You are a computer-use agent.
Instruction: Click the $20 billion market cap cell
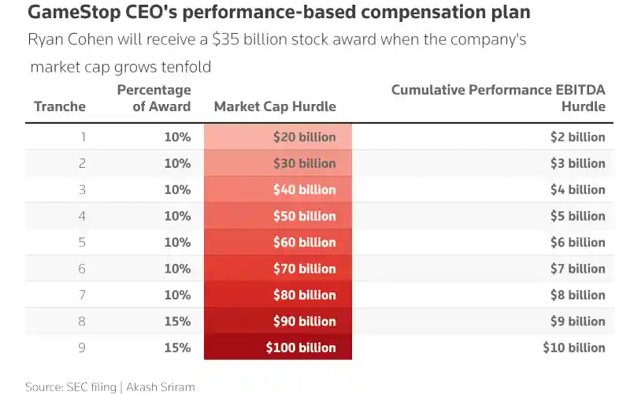click(x=304, y=137)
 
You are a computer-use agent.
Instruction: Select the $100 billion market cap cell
click(x=301, y=348)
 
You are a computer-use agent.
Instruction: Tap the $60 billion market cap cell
click(x=304, y=243)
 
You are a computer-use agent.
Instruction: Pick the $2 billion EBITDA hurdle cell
click(x=577, y=137)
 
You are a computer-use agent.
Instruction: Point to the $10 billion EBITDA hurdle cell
click(x=574, y=348)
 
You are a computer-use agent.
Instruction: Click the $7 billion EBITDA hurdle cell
click(x=577, y=269)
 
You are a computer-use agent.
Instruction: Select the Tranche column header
click(x=60, y=106)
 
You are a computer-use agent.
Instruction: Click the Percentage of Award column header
click(x=154, y=98)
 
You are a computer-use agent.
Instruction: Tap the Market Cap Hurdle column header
click(x=275, y=106)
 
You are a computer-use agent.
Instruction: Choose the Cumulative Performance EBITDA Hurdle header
click(x=498, y=98)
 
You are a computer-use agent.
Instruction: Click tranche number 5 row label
click(x=82, y=243)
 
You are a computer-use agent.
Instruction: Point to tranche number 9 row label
click(x=82, y=348)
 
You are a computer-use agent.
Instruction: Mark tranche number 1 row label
click(x=82, y=137)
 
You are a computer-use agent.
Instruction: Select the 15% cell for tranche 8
click(x=177, y=322)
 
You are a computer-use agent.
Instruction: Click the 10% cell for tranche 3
click(x=177, y=190)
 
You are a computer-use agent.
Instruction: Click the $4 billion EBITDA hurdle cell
click(x=577, y=190)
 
